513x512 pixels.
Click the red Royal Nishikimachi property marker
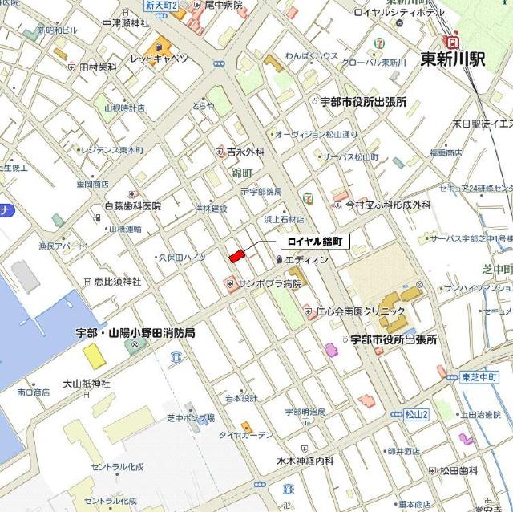tap(236, 257)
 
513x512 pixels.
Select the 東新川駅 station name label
tap(452, 60)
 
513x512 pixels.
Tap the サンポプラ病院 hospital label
tap(269, 283)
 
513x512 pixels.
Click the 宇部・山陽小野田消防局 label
tap(135, 331)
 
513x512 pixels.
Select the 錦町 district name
tap(240, 173)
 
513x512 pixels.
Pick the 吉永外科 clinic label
tap(244, 151)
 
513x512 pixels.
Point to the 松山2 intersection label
tap(417, 414)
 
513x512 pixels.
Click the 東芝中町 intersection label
tap(481, 376)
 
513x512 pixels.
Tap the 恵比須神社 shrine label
tap(117, 282)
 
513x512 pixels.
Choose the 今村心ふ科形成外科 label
tap(389, 205)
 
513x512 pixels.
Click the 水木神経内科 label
tap(305, 461)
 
